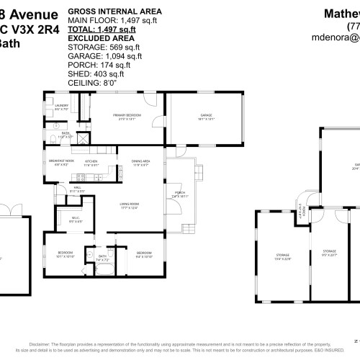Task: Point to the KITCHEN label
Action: (91, 162)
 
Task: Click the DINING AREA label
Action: (140, 161)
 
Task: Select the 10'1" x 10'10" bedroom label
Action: (65, 253)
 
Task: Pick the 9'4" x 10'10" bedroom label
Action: (144, 253)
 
